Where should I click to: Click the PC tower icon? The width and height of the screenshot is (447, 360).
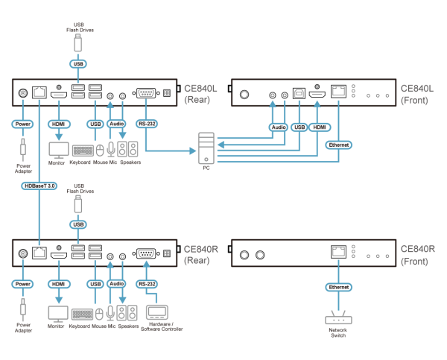pos(206,148)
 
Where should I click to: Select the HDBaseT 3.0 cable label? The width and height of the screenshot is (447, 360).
pos(39,185)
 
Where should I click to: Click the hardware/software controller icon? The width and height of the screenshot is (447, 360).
pos(157,312)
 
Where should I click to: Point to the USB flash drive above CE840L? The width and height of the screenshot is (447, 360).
pos(77,43)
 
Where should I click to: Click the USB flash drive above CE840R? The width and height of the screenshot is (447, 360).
pos(77,203)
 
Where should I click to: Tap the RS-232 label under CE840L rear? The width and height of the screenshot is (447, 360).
pos(147,124)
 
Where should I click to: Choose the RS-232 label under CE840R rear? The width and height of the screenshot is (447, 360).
pos(147,284)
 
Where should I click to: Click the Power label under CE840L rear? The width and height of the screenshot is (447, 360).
pos(22,124)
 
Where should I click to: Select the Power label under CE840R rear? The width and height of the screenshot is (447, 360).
pos(22,284)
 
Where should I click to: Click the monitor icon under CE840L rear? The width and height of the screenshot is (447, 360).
pos(58,149)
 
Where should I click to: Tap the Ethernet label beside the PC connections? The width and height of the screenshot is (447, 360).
pos(339,145)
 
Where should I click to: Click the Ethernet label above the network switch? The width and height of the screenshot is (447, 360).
pos(338,287)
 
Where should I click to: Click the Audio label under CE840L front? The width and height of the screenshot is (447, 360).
pos(278,127)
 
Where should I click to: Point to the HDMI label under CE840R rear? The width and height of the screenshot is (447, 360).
pos(58,284)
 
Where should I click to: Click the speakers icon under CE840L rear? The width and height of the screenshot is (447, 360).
pos(127,149)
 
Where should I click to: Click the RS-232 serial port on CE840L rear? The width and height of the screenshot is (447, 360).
pos(145,94)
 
